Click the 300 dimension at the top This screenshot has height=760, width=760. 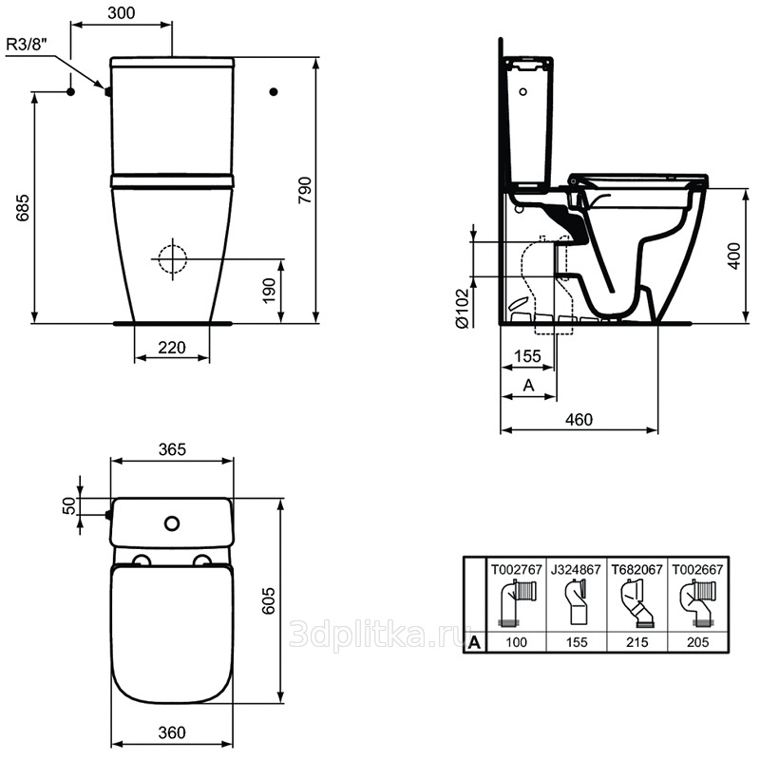tap(122, 13)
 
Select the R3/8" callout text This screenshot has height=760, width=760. tap(27, 45)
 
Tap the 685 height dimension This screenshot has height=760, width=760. tap(23, 208)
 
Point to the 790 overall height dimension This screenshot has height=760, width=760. tap(305, 190)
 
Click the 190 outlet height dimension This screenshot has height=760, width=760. tap(269, 291)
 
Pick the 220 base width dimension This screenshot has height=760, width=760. tap(172, 348)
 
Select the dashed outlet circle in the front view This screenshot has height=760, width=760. tap(172, 258)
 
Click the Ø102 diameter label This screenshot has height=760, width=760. tap(462, 309)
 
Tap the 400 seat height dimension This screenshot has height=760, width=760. tap(734, 256)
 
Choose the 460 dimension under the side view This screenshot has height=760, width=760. tap(579, 419)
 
